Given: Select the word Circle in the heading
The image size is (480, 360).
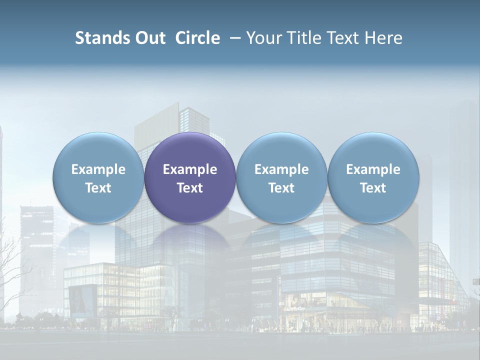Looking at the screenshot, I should pos(197,38).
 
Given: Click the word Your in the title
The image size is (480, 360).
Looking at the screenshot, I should pos(262,38).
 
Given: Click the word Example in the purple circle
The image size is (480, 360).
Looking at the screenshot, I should pos(190,169).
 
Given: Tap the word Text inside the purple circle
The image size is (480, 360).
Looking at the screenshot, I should pos(190,188).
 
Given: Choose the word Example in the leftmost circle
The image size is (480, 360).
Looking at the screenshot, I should pos(98,169).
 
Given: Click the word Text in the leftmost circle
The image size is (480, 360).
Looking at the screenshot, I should pos(98,188).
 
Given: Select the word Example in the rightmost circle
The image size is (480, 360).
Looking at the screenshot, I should pos(373,169).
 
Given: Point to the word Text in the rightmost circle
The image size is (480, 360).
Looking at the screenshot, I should pos(373,188).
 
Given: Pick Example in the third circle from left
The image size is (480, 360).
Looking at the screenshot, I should pos(281,169).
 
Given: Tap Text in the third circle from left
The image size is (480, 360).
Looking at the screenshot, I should pos(281,188).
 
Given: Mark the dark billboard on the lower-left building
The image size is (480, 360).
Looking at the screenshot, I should pos(81,300).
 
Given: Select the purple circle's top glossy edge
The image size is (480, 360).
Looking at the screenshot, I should pos(190,136).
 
